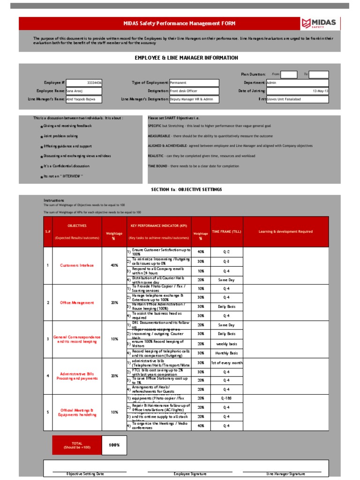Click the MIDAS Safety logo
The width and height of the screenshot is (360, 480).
[x=320, y=23]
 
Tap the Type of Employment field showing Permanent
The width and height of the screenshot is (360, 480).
[x=194, y=82]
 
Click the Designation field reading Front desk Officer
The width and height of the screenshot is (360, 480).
[x=194, y=91]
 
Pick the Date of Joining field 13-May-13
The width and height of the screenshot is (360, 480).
[x=297, y=91]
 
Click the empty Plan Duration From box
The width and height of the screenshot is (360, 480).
[x=289, y=74]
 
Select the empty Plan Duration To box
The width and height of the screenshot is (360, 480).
[x=319, y=74]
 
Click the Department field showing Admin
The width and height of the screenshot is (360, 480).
[x=297, y=82]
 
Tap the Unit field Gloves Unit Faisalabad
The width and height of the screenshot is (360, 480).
[x=297, y=99]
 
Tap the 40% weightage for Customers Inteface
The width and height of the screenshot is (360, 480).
[x=114, y=265]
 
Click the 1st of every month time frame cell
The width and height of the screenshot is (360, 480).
[x=227, y=363]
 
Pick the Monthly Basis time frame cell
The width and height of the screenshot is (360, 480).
[x=227, y=353]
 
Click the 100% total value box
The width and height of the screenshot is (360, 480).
[x=114, y=445]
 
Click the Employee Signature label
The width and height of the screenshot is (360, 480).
[x=190, y=474]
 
